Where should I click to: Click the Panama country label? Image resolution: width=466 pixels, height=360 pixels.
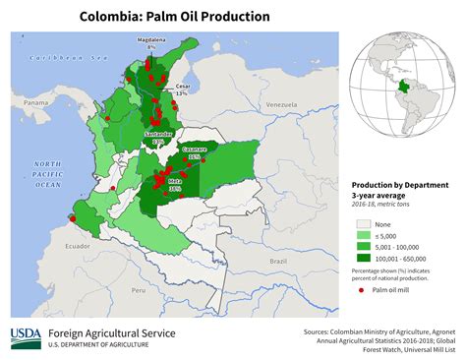(x=35, y=102)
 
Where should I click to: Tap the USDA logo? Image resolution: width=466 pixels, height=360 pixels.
(x=26, y=338)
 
